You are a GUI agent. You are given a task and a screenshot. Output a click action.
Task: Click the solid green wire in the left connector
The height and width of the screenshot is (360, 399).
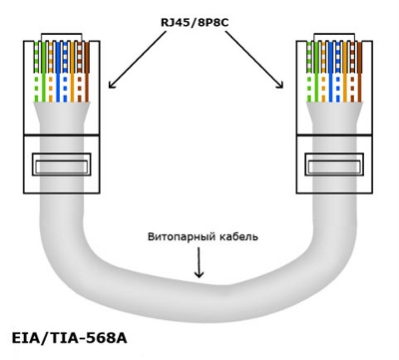43,72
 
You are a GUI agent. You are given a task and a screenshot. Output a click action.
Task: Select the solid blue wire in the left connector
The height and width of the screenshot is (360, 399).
58,72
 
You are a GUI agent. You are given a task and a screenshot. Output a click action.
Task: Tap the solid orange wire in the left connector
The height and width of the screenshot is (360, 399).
72,72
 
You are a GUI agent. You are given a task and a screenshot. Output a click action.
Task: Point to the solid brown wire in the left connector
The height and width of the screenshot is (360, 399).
87,72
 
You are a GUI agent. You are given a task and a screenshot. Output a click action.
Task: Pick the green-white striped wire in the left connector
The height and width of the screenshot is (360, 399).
36,72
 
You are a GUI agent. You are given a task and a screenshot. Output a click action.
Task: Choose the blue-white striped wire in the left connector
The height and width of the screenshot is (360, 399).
65,72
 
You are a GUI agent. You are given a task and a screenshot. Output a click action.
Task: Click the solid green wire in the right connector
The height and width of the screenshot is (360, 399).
316,72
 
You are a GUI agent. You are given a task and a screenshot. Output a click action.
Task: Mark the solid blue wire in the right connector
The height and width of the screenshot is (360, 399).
331,72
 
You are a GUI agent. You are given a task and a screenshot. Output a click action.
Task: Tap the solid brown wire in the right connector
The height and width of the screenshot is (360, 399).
360,72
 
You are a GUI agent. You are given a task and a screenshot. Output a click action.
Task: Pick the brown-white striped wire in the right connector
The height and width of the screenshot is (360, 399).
352,72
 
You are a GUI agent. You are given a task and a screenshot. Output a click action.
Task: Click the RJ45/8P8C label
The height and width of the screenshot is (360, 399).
196,23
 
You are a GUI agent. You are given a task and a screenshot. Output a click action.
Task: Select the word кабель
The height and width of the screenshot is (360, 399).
238,236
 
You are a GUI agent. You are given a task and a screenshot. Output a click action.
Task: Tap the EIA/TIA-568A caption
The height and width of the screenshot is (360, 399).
69,338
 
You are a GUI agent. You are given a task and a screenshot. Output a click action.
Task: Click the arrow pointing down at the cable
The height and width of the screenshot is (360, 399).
199,262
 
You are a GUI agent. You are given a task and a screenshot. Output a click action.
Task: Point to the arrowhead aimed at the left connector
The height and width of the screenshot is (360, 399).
113,85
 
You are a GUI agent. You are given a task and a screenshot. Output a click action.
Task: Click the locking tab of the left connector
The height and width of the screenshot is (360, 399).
62,165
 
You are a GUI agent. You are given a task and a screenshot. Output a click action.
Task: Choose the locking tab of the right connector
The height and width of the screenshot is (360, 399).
334,165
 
